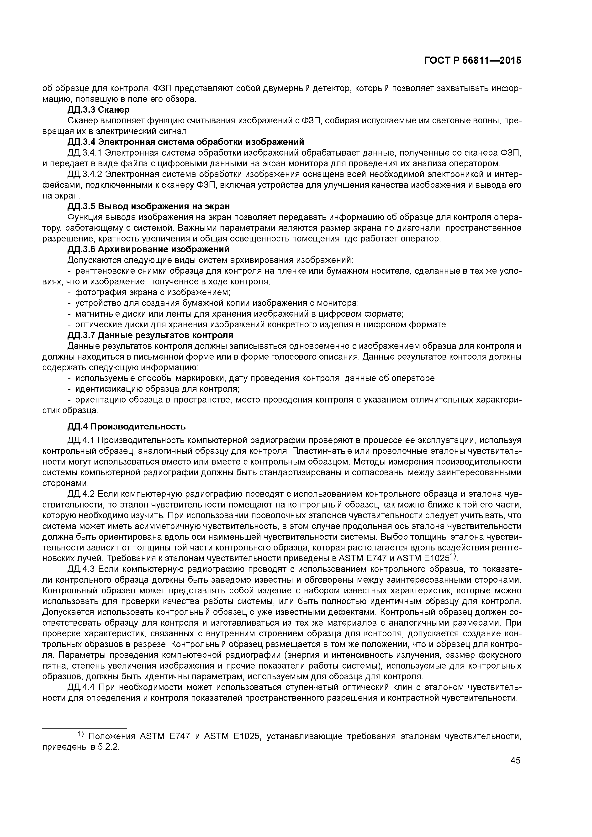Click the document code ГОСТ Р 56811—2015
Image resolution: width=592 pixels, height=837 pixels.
472,61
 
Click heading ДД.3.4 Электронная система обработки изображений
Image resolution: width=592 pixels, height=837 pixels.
186,142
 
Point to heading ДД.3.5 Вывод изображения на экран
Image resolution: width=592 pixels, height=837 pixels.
149,206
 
